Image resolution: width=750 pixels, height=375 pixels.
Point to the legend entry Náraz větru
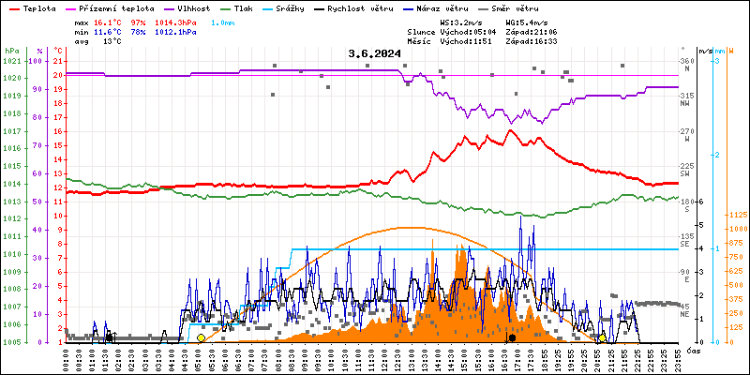(441, 7)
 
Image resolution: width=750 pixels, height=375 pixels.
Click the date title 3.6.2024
(374, 53)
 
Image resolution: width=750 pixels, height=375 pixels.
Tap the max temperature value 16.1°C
(110, 22)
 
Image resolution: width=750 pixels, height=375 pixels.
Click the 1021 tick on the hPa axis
(12, 61)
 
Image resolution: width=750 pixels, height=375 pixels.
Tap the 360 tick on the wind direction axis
(687, 61)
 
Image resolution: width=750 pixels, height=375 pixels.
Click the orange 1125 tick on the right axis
(737, 214)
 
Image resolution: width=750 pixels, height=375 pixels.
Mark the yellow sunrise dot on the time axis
(201, 337)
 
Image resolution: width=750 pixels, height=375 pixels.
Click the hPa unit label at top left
(11, 51)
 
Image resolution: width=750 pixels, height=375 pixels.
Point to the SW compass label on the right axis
(685, 173)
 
